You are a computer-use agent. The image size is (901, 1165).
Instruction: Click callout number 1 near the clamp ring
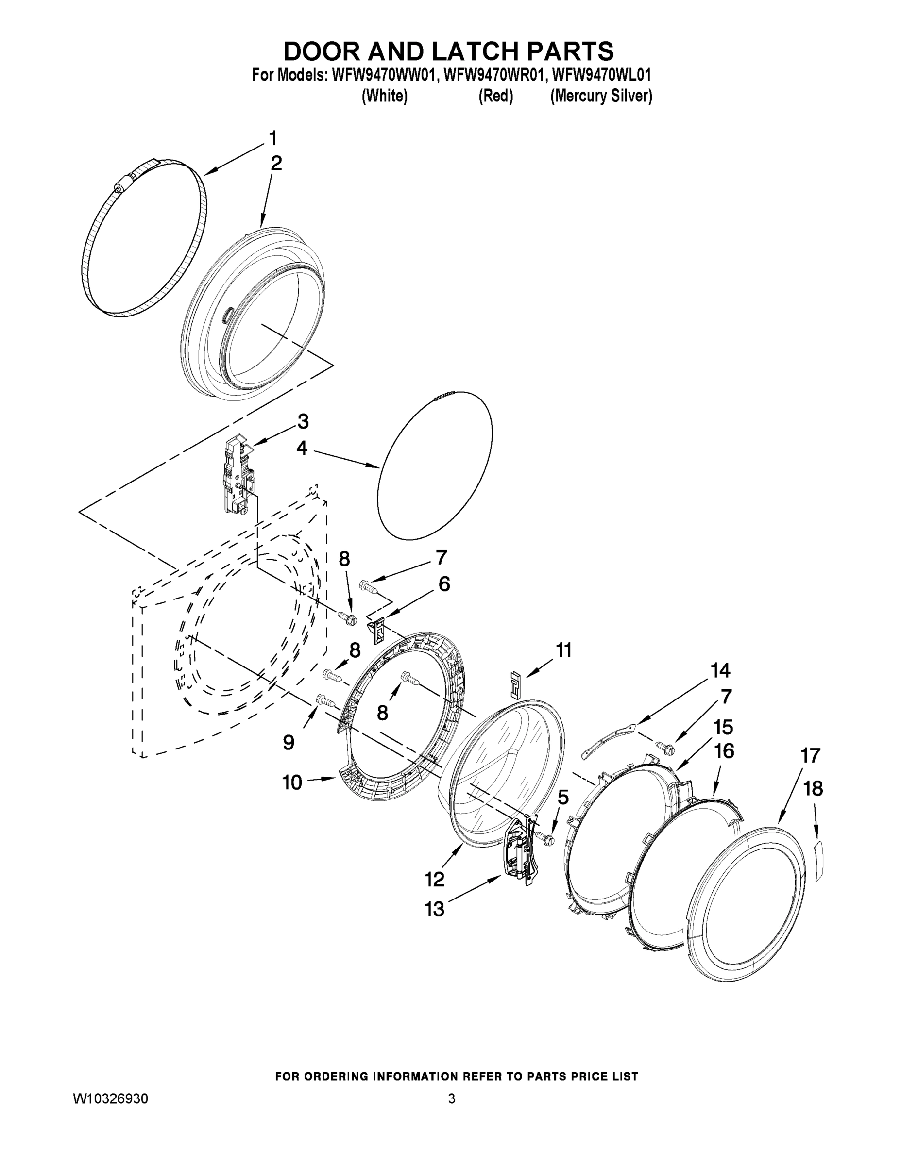coord(273,139)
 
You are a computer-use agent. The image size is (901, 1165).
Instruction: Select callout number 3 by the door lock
coord(303,421)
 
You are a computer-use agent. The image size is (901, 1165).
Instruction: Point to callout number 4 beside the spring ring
coord(302,448)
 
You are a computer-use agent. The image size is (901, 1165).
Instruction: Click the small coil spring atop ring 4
coord(442,395)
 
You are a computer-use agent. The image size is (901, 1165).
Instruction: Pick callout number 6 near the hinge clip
coord(444,584)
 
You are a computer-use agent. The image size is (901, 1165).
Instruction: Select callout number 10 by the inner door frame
coord(292,782)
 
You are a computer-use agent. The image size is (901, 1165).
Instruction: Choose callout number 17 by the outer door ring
coord(810,755)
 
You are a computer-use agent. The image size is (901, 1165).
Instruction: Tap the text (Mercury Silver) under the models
coord(601,96)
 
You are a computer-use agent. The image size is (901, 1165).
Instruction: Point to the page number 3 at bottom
coord(452,1099)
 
